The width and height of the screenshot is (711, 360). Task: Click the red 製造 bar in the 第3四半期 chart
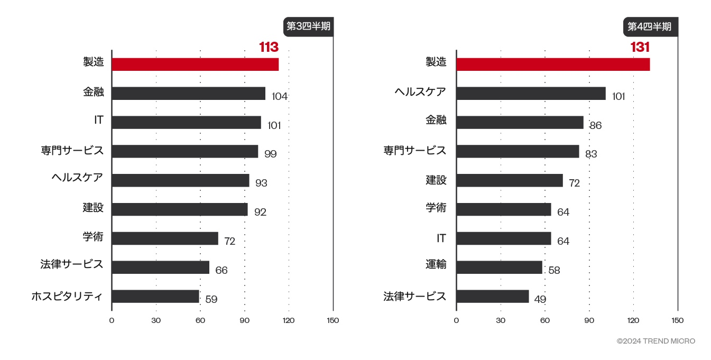[x=195, y=64]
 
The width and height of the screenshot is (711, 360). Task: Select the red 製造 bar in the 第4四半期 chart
[x=552, y=64]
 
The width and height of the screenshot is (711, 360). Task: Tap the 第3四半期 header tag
[x=308, y=26]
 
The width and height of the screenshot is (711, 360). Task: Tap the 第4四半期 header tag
[x=650, y=26]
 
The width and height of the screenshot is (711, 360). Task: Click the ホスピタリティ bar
[x=155, y=296]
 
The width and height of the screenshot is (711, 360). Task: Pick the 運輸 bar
[x=499, y=267]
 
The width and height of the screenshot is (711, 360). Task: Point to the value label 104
[x=280, y=96]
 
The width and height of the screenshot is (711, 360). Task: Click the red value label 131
[x=640, y=47]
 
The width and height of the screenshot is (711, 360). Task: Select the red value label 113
[x=269, y=47]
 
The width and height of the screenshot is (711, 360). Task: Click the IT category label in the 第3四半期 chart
[x=99, y=121]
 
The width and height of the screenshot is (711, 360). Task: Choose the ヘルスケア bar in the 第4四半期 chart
[x=531, y=94]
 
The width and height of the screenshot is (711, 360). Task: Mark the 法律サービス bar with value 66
[x=160, y=267]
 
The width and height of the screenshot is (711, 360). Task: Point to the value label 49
[x=540, y=299]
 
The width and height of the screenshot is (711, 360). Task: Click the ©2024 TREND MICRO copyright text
[x=655, y=341]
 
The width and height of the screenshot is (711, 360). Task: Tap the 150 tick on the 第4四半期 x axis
[x=677, y=320]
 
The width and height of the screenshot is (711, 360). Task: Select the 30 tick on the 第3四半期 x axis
[x=156, y=320]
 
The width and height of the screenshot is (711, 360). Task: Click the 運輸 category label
[x=436, y=264]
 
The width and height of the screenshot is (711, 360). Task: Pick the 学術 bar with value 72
[x=165, y=238]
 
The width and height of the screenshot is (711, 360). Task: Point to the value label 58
[x=554, y=271]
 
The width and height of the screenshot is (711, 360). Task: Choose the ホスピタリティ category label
[x=67, y=296]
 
